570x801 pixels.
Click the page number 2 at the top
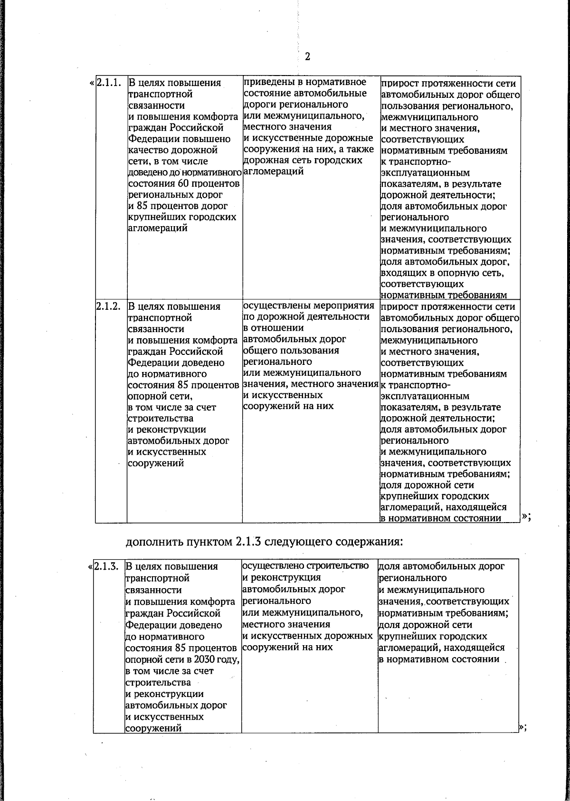coord(307,57)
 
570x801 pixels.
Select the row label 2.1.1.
coord(108,83)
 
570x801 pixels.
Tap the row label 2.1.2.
coord(108,306)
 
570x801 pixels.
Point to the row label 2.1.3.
coord(106,566)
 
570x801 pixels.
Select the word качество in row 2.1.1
coord(148,150)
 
